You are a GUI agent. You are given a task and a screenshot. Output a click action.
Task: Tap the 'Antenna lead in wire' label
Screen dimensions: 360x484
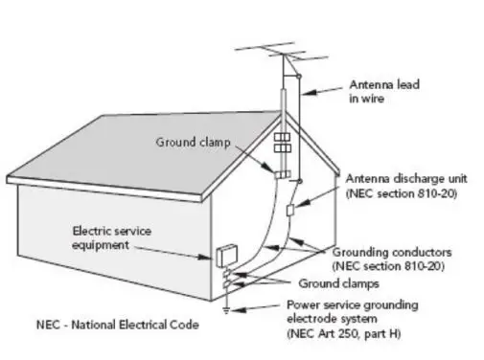pos(382,90)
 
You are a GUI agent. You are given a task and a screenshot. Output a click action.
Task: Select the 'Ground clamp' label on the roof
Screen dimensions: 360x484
pos(190,143)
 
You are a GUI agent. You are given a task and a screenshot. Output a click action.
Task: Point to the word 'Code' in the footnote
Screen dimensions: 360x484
pos(185,326)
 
